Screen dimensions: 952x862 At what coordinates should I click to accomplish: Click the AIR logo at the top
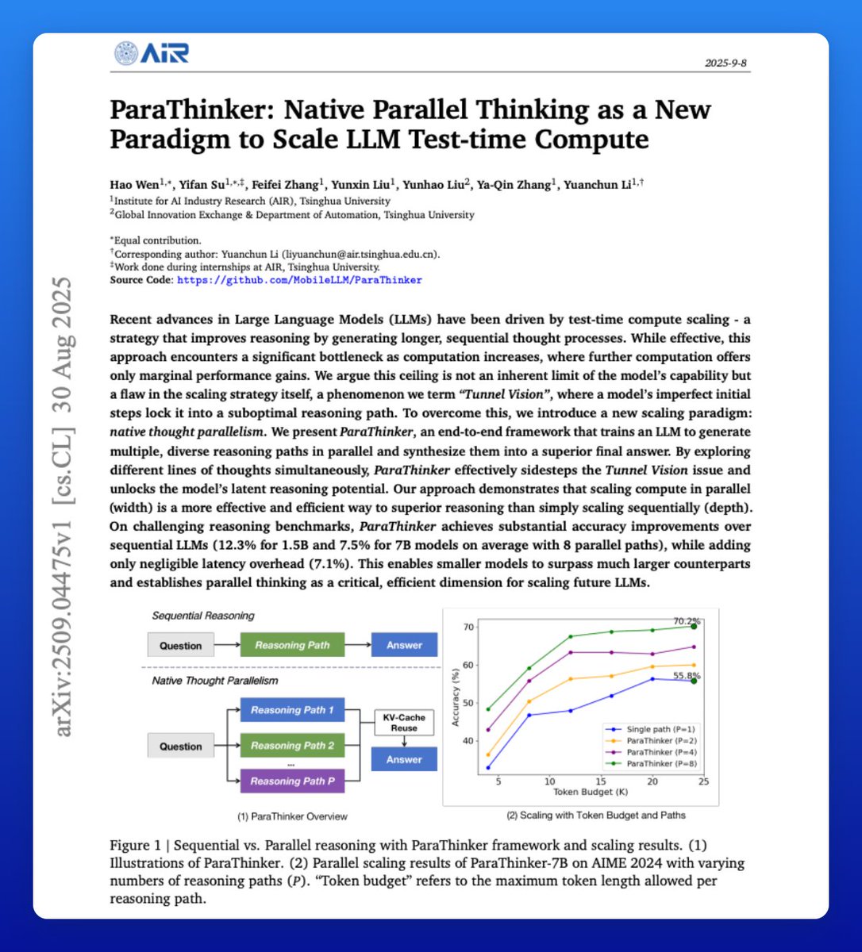tap(151, 53)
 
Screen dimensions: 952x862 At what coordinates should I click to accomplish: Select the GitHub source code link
tap(299, 280)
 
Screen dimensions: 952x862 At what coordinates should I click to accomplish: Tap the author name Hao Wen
tap(137, 186)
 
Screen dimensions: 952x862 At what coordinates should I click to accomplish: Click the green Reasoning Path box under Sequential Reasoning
tap(292, 645)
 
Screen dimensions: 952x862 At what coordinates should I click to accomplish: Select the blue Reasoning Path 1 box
tap(292, 710)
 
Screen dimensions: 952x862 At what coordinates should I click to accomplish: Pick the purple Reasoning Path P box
tap(292, 781)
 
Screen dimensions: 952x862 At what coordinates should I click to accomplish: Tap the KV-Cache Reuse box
tap(404, 722)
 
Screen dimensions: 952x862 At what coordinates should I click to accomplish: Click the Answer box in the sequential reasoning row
tap(404, 645)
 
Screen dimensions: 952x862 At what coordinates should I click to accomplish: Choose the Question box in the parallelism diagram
tap(181, 747)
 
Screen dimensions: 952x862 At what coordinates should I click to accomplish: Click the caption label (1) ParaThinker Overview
tap(292, 816)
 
